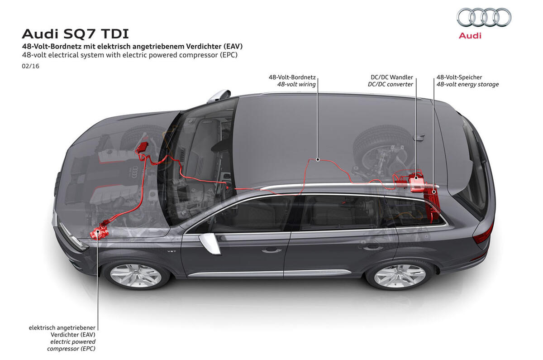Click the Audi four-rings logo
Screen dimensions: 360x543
click(484, 17)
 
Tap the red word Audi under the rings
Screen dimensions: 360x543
click(470, 36)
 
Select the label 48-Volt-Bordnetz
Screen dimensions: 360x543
click(292, 77)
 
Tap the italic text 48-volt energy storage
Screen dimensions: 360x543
click(467, 85)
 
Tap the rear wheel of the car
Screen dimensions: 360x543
click(399, 275)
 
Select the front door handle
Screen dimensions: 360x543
click(271, 250)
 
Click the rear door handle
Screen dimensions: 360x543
click(372, 247)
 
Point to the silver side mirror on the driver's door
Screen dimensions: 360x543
click(210, 243)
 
